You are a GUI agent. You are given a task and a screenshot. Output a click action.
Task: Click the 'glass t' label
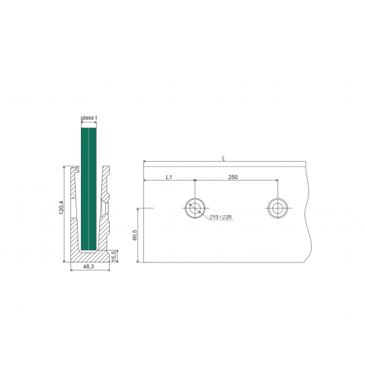(x=89, y=118)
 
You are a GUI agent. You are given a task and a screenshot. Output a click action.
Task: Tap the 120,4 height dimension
(x=61, y=207)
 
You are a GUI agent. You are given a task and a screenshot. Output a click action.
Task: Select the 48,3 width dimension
(x=89, y=267)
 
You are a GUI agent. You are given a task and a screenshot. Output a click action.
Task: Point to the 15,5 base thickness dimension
(x=114, y=256)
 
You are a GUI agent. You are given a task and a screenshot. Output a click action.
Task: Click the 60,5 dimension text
(x=135, y=235)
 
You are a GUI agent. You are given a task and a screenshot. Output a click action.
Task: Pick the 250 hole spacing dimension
(x=233, y=177)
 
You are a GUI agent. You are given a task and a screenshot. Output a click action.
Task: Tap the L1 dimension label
(x=169, y=177)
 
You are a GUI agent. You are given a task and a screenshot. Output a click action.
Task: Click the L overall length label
(x=224, y=158)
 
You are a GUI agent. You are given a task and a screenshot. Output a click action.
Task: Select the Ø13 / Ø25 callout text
(x=220, y=217)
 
